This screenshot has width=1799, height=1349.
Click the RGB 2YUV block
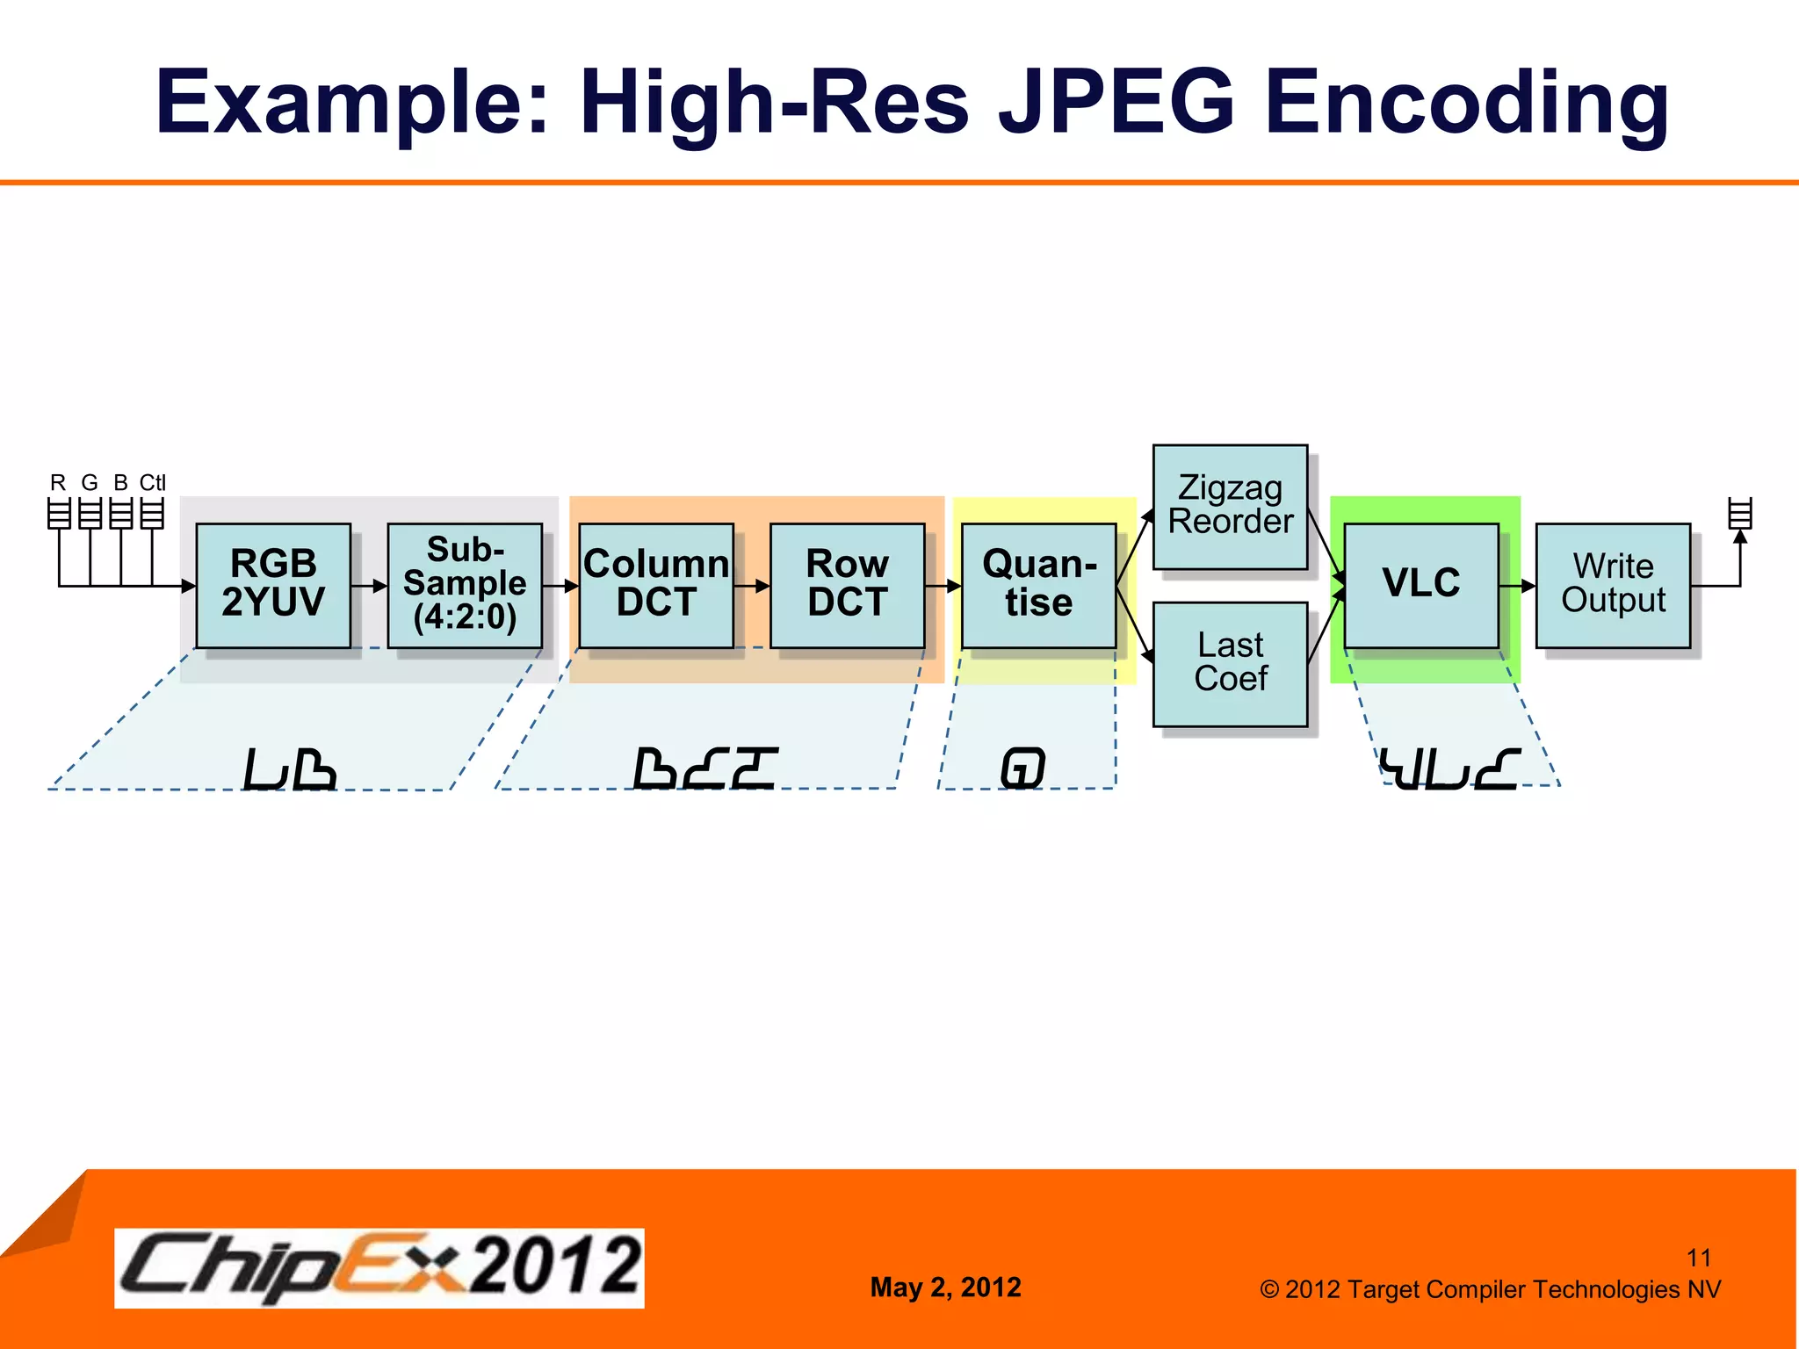point(273,585)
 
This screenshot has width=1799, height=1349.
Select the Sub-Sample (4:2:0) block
point(465,585)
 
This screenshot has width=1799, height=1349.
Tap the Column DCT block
point(656,585)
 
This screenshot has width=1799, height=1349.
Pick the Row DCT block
point(847,585)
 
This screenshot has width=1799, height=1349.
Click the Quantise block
point(1038,585)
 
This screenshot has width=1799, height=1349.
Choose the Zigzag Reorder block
point(1230,507)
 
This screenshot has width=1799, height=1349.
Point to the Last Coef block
point(1230,664)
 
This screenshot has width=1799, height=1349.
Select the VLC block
point(1421,585)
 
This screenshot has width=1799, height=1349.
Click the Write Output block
point(1613,585)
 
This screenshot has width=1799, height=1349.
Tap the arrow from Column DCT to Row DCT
point(752,586)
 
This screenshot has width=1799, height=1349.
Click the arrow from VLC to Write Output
point(1517,586)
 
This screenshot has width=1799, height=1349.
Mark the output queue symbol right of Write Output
point(1740,513)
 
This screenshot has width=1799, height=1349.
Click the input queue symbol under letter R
point(59,513)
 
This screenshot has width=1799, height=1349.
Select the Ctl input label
point(152,483)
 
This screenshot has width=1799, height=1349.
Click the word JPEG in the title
point(1116,103)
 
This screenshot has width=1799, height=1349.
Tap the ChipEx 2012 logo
point(379,1267)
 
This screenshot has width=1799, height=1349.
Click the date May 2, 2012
point(945,1288)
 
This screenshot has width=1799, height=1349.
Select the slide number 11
point(1699,1258)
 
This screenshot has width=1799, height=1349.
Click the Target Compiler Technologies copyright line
point(1490,1289)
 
